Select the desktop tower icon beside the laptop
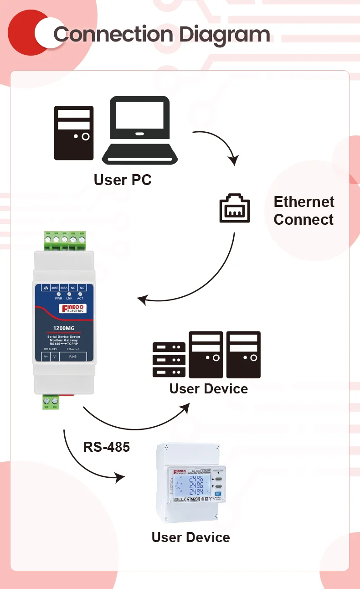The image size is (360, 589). [x=74, y=133]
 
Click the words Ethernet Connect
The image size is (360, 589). [x=303, y=211]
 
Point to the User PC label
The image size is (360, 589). [x=123, y=180]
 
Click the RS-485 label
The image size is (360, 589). [x=107, y=447]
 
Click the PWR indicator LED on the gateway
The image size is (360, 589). [x=59, y=294]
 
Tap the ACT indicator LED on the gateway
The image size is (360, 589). [x=80, y=294]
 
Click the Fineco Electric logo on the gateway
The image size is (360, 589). [x=73, y=309]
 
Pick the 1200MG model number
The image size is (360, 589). [x=64, y=328]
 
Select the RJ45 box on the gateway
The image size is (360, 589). [x=72, y=356]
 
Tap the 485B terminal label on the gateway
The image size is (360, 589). [x=55, y=288]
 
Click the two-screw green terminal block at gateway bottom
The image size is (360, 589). [x=51, y=401]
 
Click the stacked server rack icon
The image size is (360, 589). [x=169, y=360]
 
